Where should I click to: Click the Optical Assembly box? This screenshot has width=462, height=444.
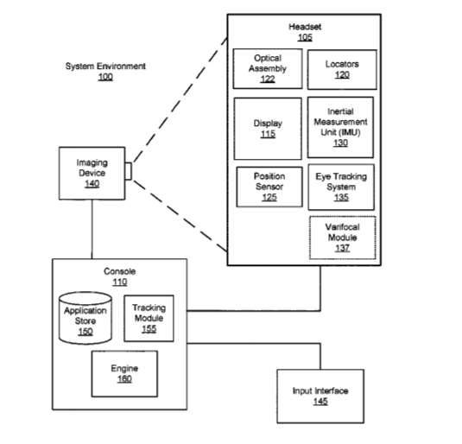(268, 69)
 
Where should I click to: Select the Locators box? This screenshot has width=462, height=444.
(342, 70)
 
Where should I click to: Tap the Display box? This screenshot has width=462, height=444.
(268, 129)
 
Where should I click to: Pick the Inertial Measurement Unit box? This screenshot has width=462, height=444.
(340, 127)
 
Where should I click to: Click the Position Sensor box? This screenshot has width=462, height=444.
(269, 187)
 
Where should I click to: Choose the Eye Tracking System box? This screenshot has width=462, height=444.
(341, 187)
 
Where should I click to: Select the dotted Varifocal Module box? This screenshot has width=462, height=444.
(342, 238)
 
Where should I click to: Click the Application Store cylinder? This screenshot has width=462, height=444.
(85, 318)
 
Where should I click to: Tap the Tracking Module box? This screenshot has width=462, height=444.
(149, 319)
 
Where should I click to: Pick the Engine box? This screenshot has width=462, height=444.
(124, 373)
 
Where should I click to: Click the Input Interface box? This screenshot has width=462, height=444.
(320, 396)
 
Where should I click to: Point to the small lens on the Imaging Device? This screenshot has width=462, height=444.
(128, 171)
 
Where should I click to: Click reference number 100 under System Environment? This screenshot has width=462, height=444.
(105, 77)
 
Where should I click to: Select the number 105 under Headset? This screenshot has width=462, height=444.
(305, 37)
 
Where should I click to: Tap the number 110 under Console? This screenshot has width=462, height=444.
(120, 282)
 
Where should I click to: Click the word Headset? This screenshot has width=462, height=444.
(305, 27)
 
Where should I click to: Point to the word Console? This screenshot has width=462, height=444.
(120, 271)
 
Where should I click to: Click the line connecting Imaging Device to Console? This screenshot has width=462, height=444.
(92, 230)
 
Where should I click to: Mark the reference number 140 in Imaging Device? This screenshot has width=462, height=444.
(92, 184)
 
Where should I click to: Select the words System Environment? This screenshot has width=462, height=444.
(105, 66)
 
